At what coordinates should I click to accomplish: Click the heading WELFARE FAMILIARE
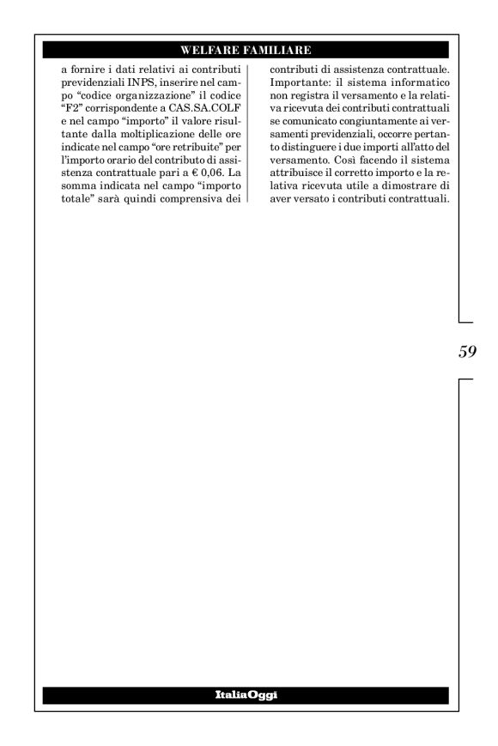(x=249, y=49)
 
